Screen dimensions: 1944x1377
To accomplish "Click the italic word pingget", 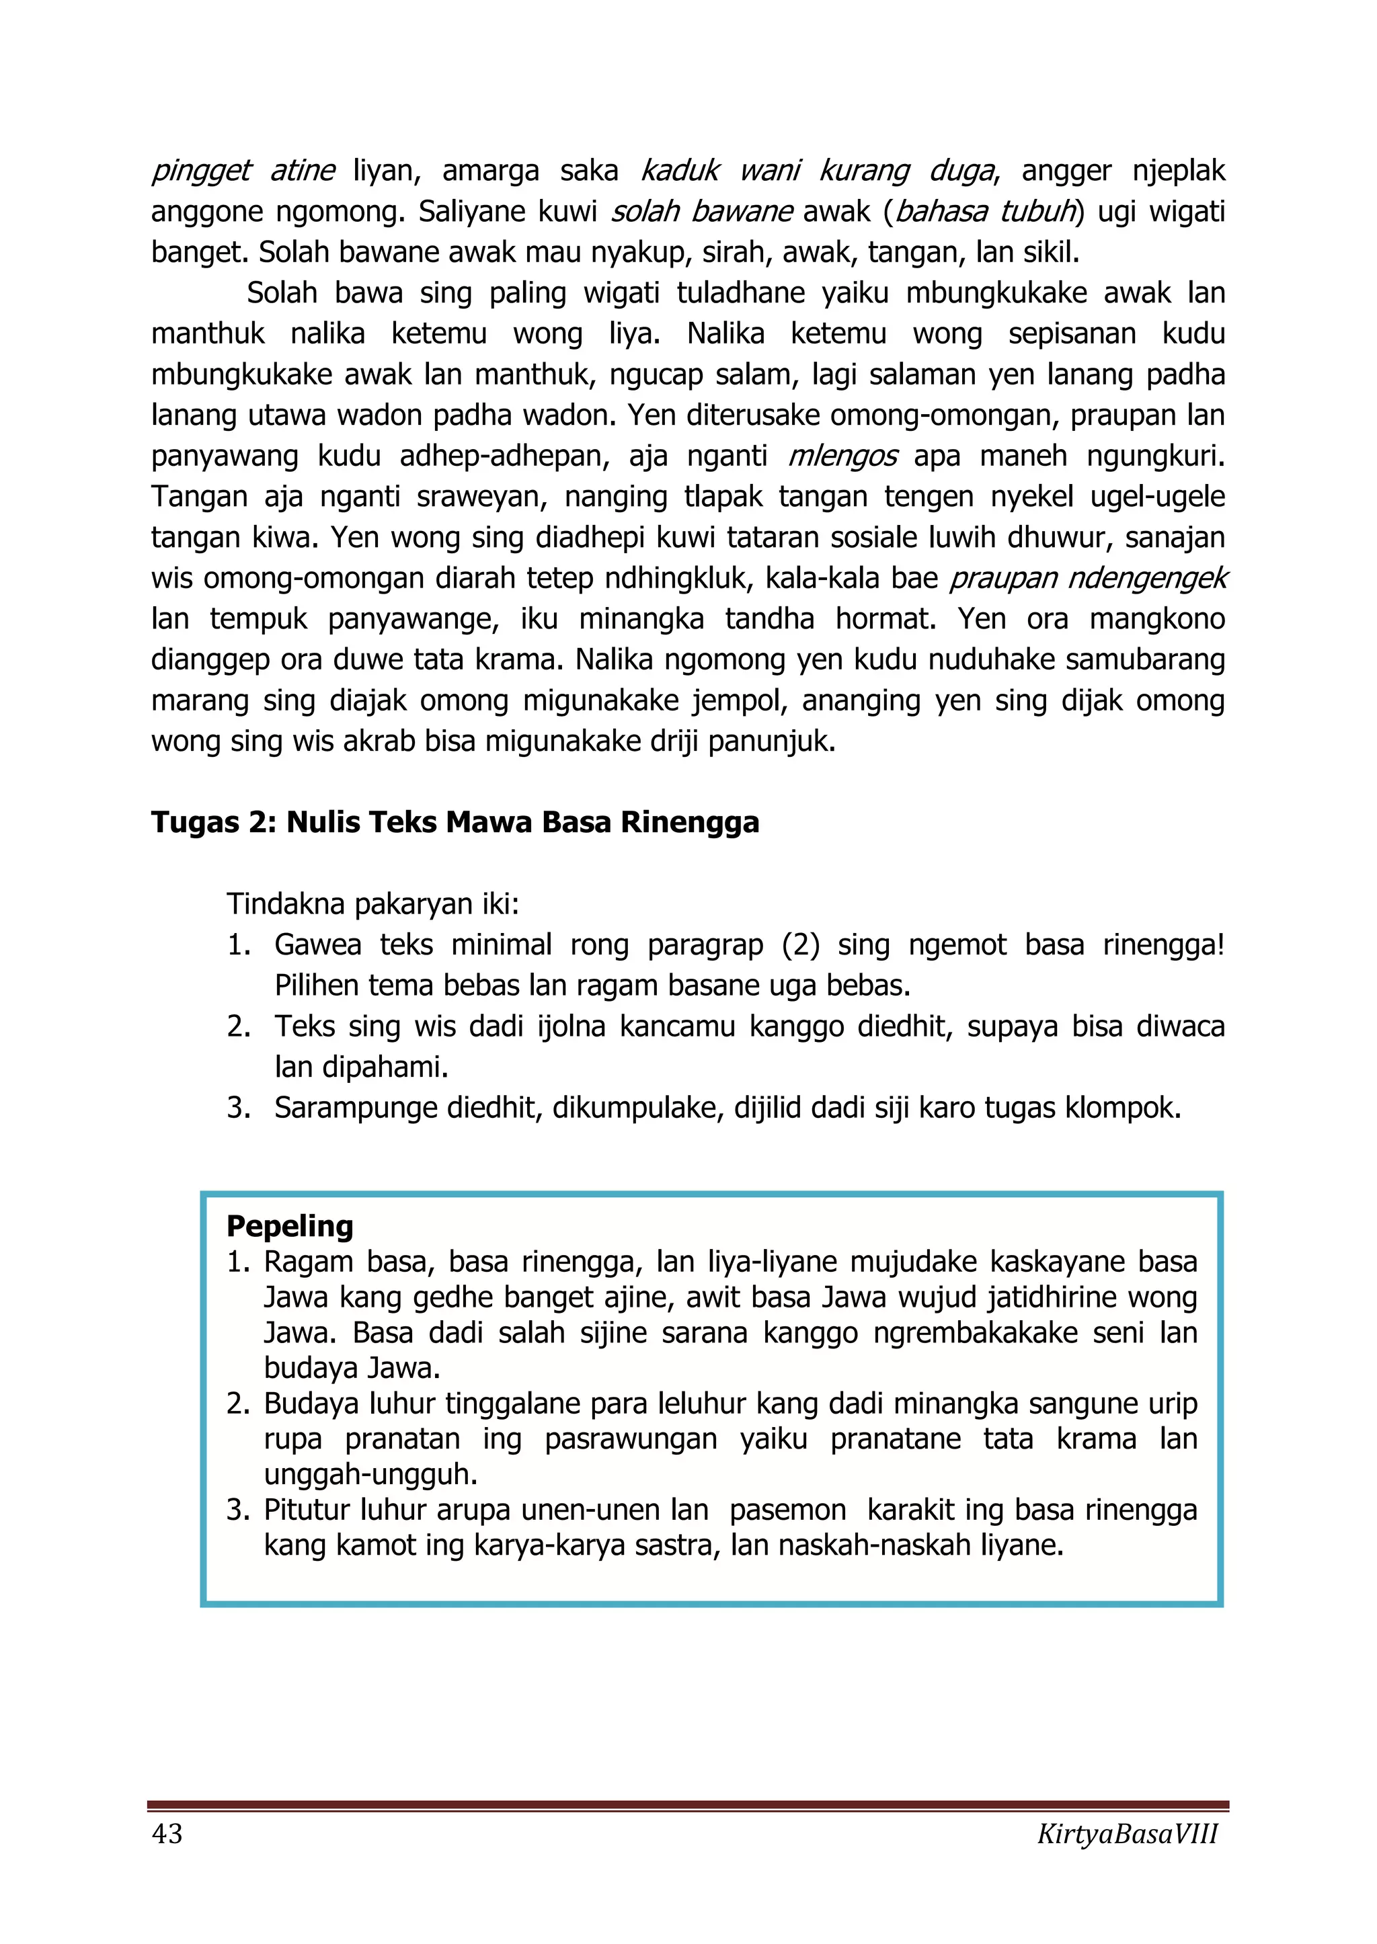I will [200, 171].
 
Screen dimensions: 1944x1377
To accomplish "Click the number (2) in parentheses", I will [800, 945].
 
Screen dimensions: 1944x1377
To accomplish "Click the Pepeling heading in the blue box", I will [290, 1226].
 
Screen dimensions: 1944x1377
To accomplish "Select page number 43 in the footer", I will [167, 1834].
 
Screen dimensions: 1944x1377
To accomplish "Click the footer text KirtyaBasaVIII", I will [1127, 1834].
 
